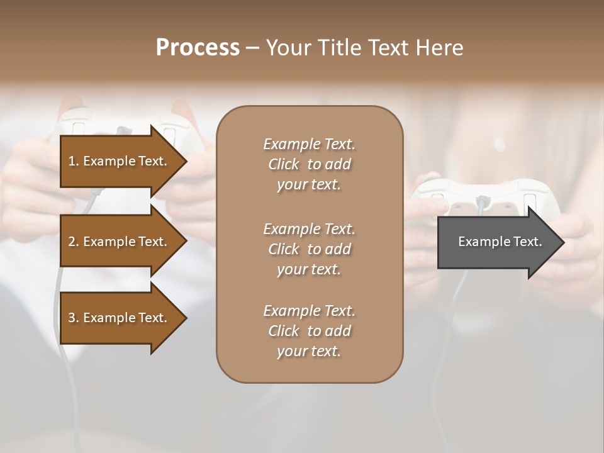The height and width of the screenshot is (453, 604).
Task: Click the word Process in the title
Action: click(198, 48)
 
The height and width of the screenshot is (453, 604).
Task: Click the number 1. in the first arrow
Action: click(74, 161)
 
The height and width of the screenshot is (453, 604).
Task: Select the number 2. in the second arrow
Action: click(74, 242)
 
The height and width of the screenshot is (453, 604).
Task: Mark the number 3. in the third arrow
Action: click(74, 318)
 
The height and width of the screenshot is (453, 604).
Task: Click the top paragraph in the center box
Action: click(309, 164)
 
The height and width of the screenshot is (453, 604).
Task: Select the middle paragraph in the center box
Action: click(309, 249)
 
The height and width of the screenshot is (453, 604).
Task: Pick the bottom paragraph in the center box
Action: click(309, 331)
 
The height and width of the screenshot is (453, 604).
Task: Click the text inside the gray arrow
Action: click(500, 242)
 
